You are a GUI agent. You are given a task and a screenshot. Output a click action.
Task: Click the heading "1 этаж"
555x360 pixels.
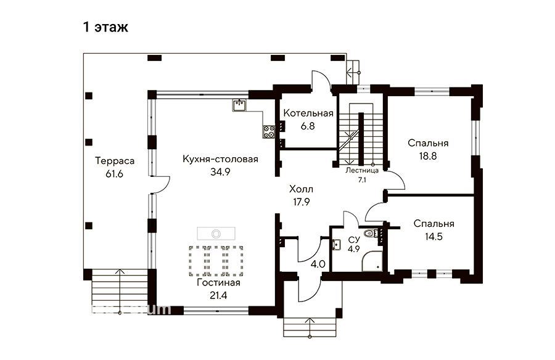[105, 27]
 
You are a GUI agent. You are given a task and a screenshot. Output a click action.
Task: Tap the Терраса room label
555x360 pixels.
[115, 161]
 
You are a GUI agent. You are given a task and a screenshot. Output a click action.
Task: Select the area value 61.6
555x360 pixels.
[114, 174]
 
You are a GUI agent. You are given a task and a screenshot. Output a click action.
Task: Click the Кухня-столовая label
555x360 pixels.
[220, 159]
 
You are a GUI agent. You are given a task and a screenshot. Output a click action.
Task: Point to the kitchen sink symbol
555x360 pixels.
[239, 105]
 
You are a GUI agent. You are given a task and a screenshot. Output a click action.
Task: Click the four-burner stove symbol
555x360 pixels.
[269, 132]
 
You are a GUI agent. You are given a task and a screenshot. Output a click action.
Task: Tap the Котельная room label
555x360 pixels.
[308, 113]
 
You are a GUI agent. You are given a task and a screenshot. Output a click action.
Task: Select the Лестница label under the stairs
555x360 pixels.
[362, 170]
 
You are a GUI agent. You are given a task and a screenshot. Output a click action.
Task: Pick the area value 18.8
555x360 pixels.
[428, 156]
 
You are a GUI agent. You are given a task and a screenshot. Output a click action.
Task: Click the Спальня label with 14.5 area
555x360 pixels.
[434, 224]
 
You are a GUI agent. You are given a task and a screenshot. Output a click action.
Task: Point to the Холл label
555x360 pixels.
[301, 189]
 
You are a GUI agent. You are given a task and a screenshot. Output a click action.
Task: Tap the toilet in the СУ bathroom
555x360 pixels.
[371, 233]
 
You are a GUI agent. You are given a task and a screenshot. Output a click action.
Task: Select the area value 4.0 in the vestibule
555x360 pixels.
[318, 264]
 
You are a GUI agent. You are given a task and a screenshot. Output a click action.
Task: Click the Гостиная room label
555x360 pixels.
[218, 282]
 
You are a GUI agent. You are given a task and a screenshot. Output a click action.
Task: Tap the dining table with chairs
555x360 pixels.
[216, 261]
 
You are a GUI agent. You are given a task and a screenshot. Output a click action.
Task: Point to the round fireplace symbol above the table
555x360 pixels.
[216, 233]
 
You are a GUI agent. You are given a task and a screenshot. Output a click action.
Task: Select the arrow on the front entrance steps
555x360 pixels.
[310, 327]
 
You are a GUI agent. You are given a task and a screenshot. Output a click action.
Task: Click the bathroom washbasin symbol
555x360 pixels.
[337, 244]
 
